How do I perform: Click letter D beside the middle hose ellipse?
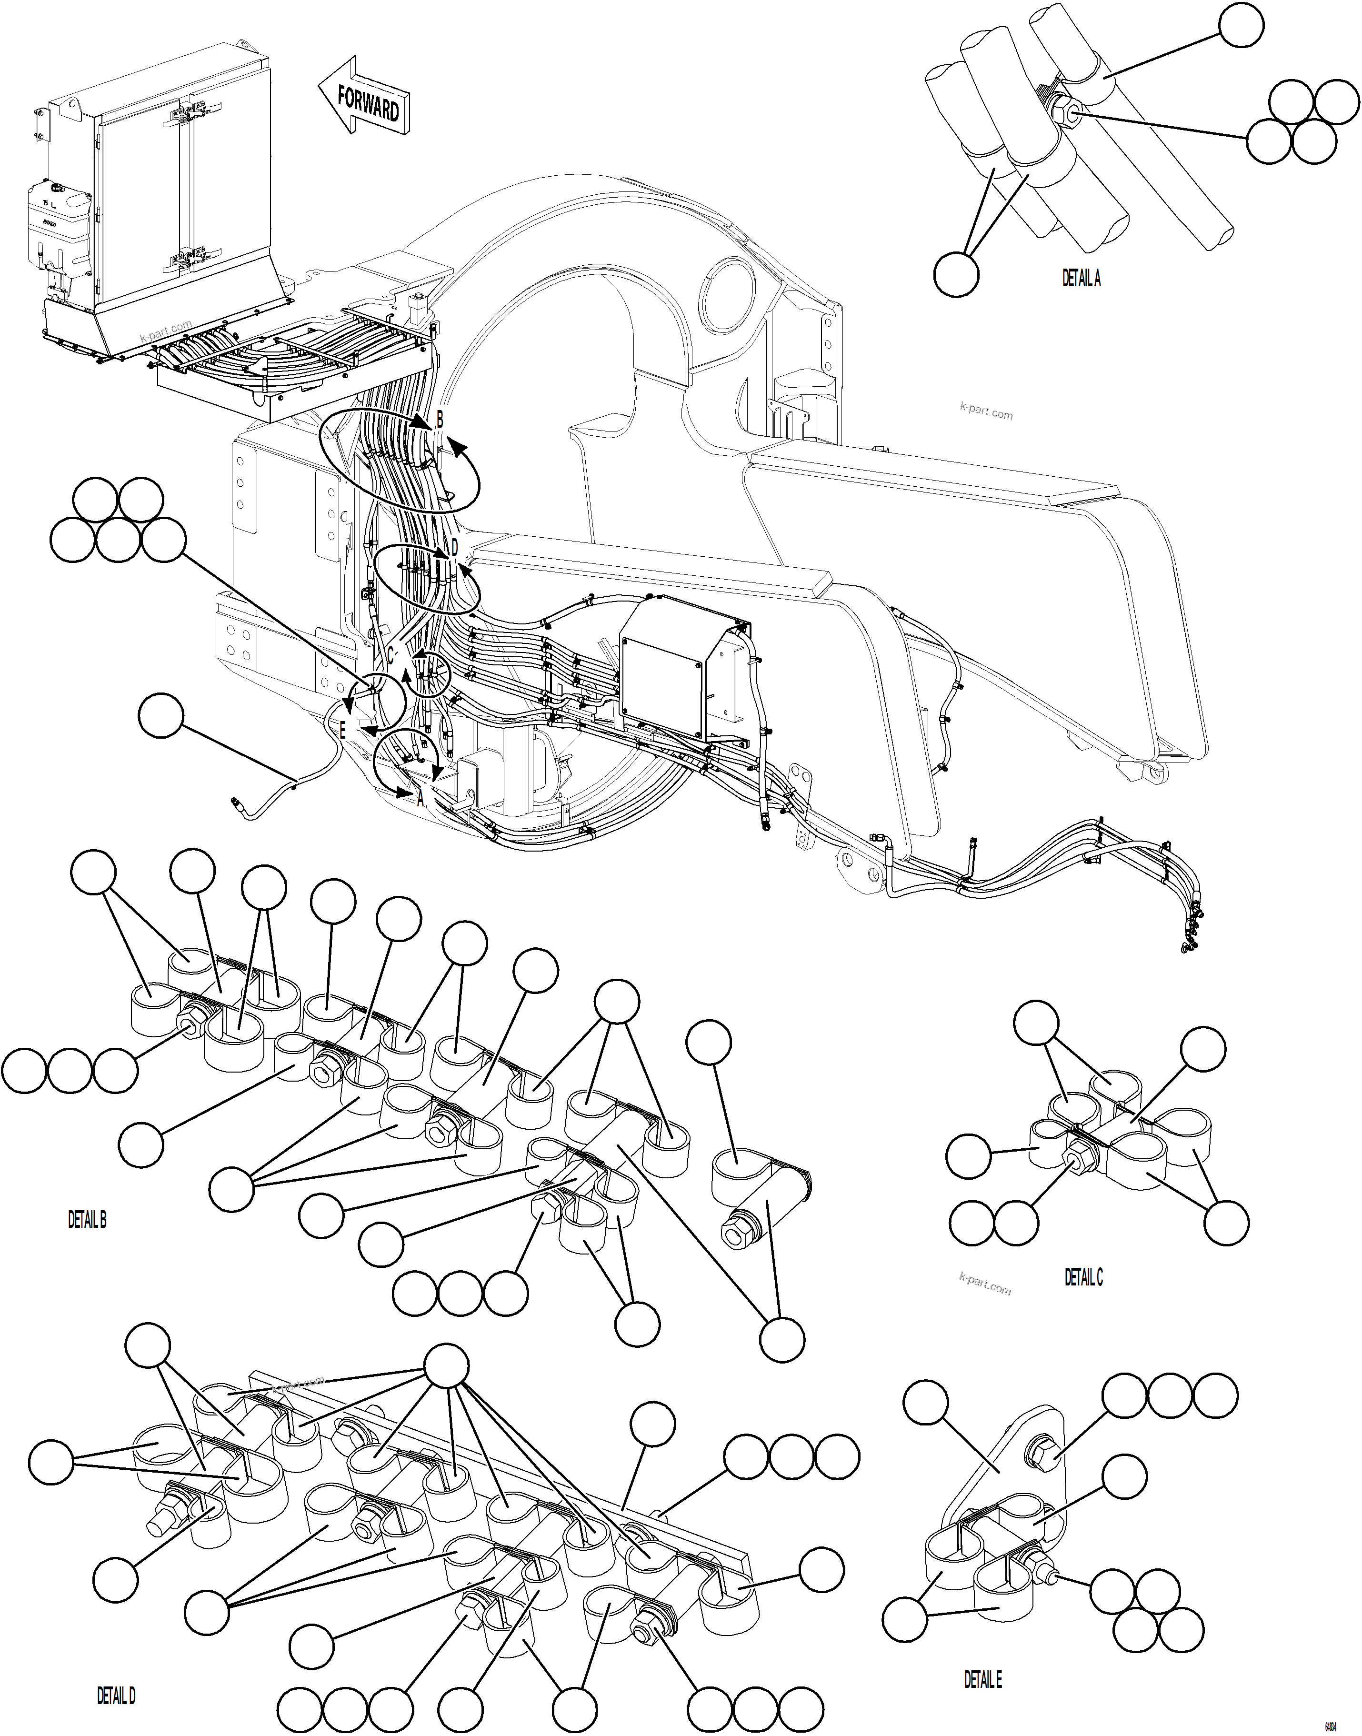[454, 548]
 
